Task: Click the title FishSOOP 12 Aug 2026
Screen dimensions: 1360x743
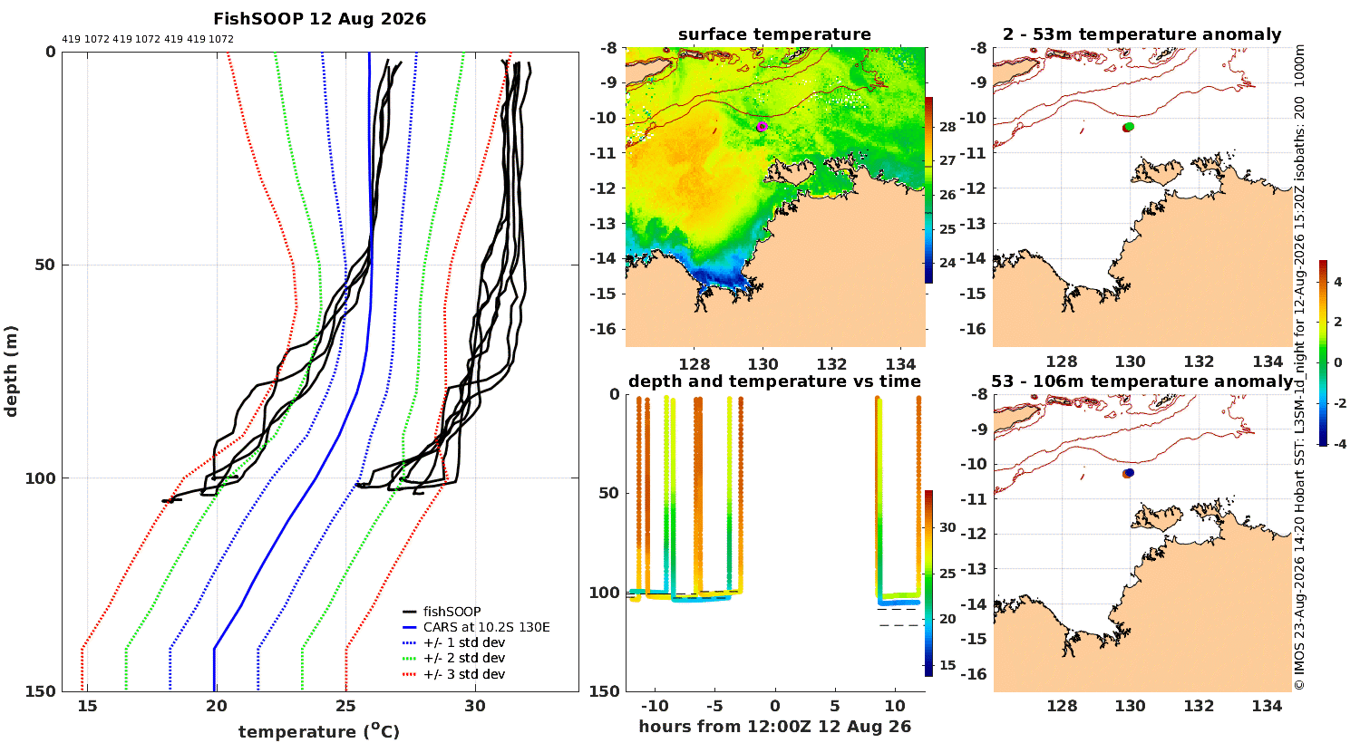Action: point(319,19)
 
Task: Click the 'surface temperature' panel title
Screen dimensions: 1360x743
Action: point(774,34)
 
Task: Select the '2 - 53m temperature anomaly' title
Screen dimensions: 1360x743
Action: point(1142,34)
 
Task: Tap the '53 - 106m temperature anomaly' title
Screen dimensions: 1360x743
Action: point(1141,381)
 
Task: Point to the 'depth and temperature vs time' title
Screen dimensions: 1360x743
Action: point(774,381)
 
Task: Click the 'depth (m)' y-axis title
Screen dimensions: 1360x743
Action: point(11,371)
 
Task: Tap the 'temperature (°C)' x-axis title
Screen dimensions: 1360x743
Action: point(319,730)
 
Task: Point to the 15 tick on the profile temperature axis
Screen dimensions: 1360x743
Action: point(87,707)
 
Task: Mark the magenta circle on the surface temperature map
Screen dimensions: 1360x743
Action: point(762,126)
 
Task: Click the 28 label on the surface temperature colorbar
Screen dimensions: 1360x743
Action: point(947,127)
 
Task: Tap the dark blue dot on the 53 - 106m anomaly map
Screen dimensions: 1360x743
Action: point(1130,472)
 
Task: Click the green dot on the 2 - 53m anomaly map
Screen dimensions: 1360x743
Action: point(1130,126)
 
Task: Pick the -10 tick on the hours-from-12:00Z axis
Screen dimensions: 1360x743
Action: point(655,706)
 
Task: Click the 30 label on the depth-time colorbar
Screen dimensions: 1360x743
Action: point(947,527)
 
